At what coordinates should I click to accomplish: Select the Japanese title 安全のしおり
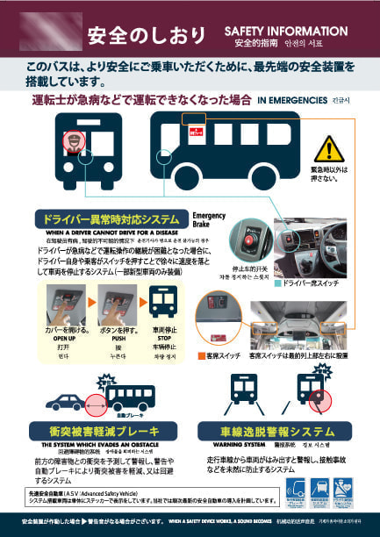146,36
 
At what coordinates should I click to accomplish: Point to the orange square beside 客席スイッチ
201,356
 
